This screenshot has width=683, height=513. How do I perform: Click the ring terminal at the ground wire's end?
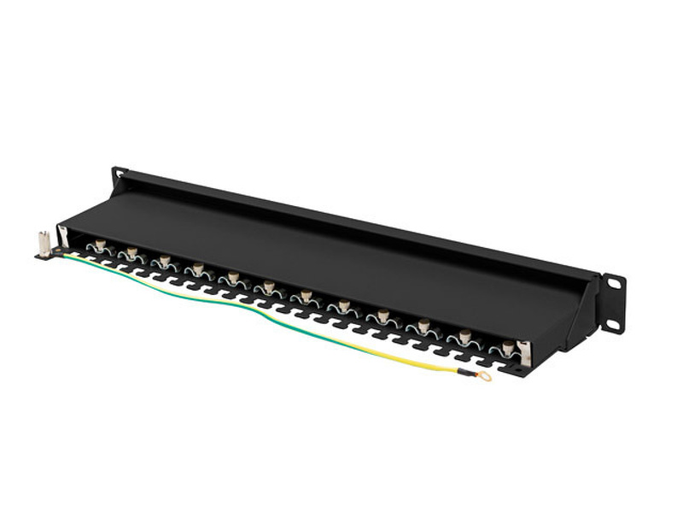(484, 375)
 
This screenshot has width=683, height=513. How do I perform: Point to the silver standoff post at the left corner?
(42, 245)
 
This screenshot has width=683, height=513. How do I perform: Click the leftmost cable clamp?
(101, 249)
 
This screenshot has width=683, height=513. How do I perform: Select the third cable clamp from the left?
(165, 263)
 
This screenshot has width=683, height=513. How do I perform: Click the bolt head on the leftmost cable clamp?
(101, 245)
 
